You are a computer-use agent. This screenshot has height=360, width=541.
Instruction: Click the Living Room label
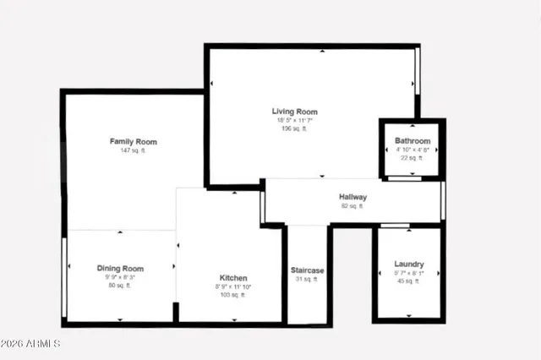click(x=294, y=112)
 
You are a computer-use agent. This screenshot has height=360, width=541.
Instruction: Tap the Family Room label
click(x=134, y=141)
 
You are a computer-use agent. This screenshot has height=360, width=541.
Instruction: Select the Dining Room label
click(x=119, y=268)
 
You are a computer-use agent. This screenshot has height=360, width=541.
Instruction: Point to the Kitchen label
click(x=233, y=278)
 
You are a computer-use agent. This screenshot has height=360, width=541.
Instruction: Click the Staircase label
click(x=308, y=270)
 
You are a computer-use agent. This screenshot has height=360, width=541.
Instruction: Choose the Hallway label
click(x=352, y=197)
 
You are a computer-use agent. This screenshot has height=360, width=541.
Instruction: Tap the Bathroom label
click(x=413, y=140)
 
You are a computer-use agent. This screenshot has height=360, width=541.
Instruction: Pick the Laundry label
click(x=409, y=265)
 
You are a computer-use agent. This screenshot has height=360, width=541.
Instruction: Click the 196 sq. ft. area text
click(x=294, y=129)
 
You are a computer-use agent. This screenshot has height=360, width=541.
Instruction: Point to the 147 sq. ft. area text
click(x=134, y=150)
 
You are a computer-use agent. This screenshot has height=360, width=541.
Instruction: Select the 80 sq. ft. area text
click(x=119, y=286)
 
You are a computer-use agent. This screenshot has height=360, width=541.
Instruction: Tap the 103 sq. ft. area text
click(x=233, y=295)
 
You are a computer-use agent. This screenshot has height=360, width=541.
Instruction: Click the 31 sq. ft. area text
click(x=308, y=280)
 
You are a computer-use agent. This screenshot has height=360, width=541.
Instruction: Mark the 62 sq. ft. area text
click(x=352, y=206)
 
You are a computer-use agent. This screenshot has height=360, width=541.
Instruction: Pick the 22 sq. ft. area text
click(x=413, y=158)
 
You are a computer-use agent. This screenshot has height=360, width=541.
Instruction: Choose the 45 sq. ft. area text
click(x=409, y=281)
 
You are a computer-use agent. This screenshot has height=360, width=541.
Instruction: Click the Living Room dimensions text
click(x=294, y=121)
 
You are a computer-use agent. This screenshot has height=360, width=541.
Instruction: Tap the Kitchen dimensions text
click(x=233, y=286)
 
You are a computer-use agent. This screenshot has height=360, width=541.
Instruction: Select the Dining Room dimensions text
click(x=119, y=277)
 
